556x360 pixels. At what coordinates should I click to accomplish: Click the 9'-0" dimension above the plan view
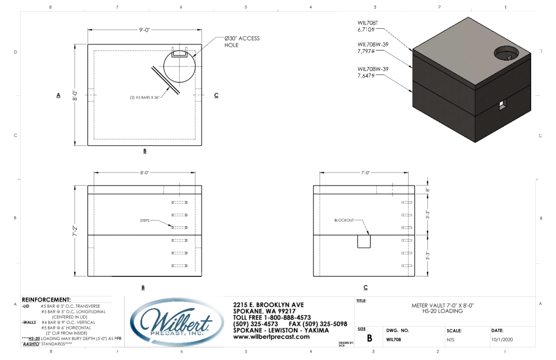[144, 30]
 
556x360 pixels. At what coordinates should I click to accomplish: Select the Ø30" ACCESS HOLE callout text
[242, 41]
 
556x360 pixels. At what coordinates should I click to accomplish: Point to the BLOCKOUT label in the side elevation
[343, 220]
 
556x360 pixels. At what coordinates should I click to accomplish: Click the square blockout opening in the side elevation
[363, 241]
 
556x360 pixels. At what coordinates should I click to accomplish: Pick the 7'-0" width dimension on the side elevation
[365, 173]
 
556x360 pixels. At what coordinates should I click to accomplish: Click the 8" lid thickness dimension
[427, 190]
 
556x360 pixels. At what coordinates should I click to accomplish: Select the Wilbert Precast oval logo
[177, 323]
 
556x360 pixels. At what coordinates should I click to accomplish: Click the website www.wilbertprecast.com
[271, 337]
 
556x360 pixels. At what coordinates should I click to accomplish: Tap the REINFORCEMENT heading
[46, 300]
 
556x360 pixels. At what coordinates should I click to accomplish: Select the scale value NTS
[451, 339]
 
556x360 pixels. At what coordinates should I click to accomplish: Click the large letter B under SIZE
[369, 339]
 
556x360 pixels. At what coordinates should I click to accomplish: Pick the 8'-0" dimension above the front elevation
[144, 173]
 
